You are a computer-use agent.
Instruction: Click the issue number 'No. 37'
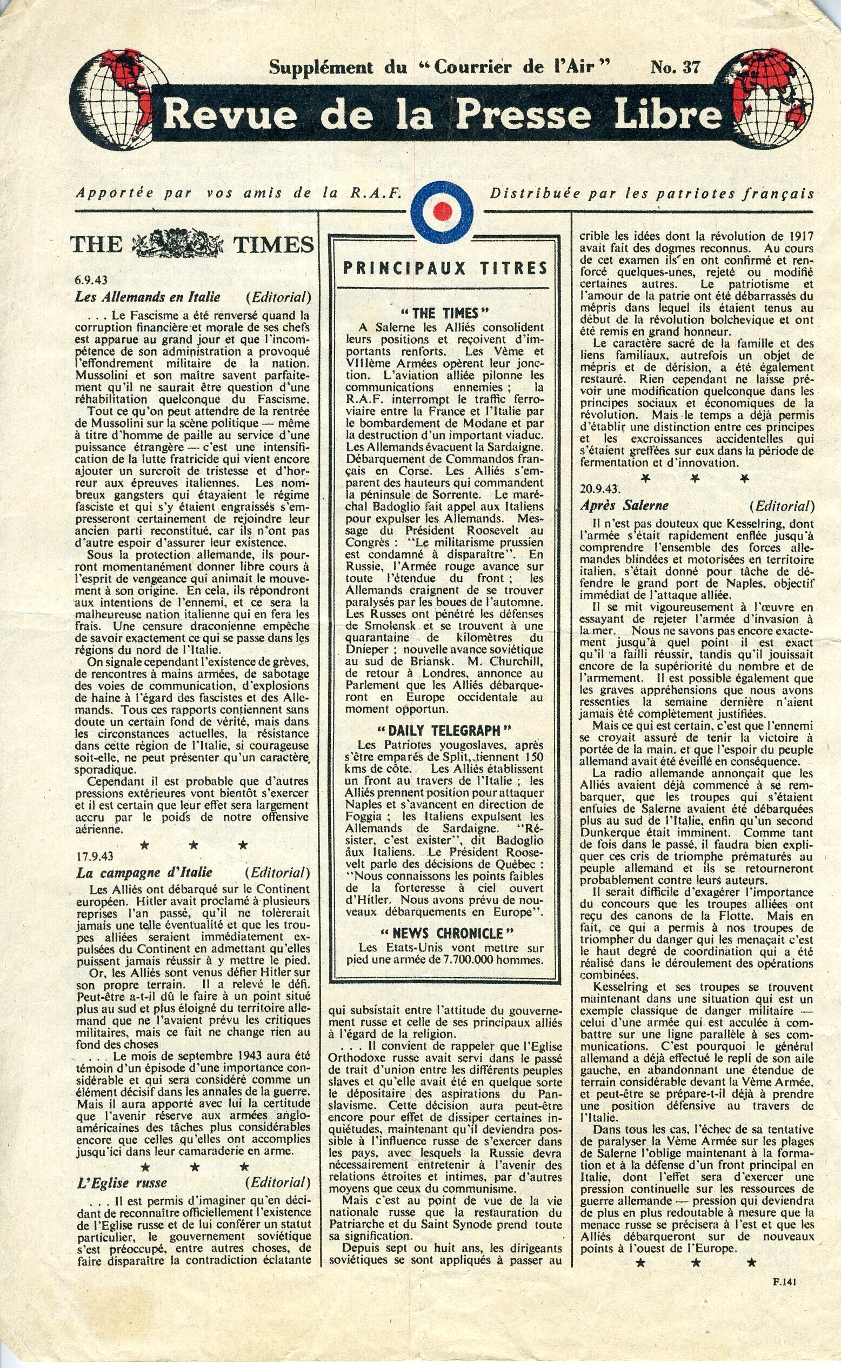click(x=675, y=67)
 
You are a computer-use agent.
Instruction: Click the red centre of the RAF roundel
click(x=442, y=211)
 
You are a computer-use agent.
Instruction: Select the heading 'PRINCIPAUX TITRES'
click(x=445, y=269)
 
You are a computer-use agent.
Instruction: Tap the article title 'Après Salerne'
click(x=624, y=505)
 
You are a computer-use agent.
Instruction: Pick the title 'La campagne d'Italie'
click(x=144, y=872)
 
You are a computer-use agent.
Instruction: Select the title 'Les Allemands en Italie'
click(x=148, y=296)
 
